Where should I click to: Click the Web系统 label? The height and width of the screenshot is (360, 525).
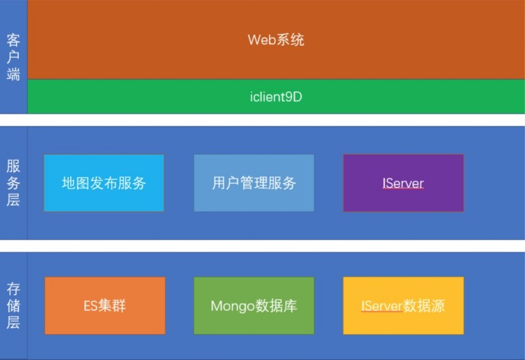(276, 40)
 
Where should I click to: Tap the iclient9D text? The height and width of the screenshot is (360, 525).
(276, 97)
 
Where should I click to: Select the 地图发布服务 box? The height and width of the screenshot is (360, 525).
(104, 183)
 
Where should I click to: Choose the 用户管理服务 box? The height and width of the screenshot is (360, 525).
(254, 183)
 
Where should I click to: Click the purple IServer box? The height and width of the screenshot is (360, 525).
(404, 183)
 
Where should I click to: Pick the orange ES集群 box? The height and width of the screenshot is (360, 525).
(105, 306)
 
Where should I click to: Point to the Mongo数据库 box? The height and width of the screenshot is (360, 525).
(254, 306)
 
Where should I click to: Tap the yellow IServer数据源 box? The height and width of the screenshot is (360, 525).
(404, 306)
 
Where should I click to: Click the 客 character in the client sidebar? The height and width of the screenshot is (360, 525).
(13, 40)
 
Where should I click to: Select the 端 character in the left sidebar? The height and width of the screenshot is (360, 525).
(13, 73)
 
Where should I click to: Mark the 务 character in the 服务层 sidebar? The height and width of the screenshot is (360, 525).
(13, 183)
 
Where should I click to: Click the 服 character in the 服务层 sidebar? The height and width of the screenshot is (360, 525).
(13, 166)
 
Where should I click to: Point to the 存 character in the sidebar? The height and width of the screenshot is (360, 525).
(13, 289)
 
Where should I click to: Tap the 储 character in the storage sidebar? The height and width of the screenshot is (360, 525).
(13, 306)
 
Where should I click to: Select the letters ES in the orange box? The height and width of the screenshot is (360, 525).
(91, 306)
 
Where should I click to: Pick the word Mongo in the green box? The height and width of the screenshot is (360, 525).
(233, 306)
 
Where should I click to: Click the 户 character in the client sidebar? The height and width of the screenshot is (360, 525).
(13, 57)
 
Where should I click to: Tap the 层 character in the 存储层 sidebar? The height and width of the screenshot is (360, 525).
(13, 323)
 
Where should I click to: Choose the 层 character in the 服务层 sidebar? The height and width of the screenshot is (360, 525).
(13, 200)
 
